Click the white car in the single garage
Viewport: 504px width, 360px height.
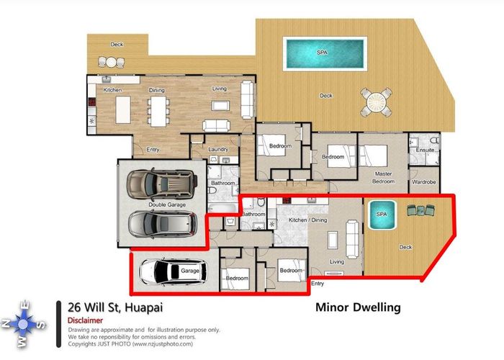click(171, 272)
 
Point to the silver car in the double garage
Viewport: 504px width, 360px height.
click(162, 224)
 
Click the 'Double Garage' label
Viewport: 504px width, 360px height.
click(167, 205)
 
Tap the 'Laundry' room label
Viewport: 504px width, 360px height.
click(218, 150)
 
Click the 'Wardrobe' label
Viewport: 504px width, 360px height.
click(424, 183)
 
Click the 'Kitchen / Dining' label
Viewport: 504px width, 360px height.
click(308, 219)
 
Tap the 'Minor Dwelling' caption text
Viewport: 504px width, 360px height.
click(358, 307)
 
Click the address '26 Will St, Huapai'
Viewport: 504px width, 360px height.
click(115, 307)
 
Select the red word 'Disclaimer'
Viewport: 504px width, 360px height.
click(84, 320)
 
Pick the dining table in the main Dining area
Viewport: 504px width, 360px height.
click(157, 112)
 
